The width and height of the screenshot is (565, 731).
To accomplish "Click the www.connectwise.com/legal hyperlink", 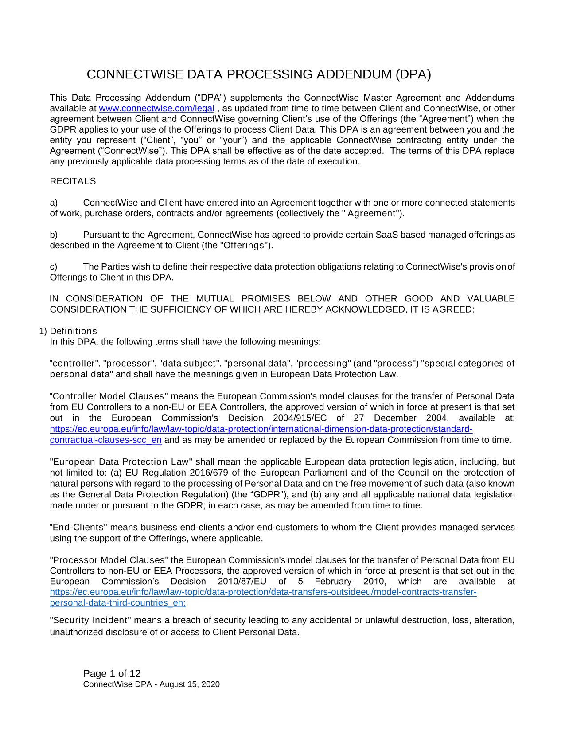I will point(156,109).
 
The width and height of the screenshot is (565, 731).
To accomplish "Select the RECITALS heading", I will point(73,181).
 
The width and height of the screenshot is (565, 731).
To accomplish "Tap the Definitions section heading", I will point(73,331).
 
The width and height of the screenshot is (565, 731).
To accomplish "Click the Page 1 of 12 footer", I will point(112,674).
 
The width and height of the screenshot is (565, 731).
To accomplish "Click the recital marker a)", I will point(54,203).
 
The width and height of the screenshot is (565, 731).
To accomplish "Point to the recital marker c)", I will point(54,267).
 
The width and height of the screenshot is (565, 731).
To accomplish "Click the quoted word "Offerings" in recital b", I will point(245,246).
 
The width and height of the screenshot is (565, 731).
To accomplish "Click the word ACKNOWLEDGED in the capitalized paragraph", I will point(365,309).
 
